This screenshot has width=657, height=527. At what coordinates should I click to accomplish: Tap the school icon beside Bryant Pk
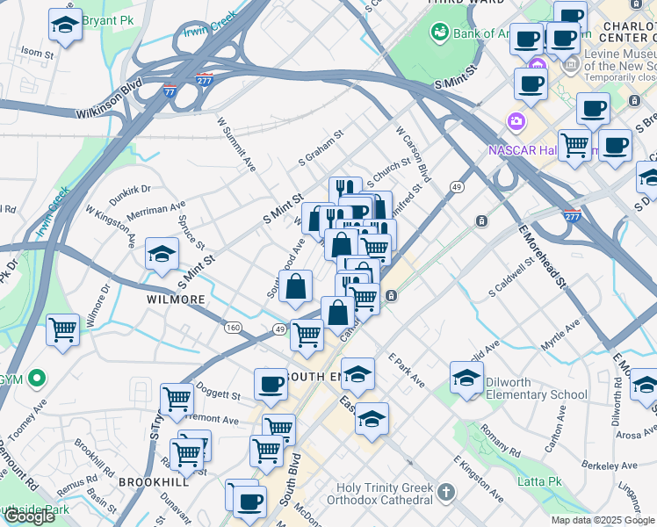click(x=65, y=26)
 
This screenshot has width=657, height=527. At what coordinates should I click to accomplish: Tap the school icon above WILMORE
click(x=162, y=256)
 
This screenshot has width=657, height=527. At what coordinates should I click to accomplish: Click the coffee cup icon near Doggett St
click(x=271, y=384)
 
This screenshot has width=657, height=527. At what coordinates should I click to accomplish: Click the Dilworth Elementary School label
click(x=533, y=394)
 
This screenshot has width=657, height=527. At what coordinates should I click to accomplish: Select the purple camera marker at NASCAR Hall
click(x=516, y=120)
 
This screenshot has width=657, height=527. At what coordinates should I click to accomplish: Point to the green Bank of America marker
click(x=439, y=33)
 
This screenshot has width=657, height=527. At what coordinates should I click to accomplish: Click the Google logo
click(x=29, y=516)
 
